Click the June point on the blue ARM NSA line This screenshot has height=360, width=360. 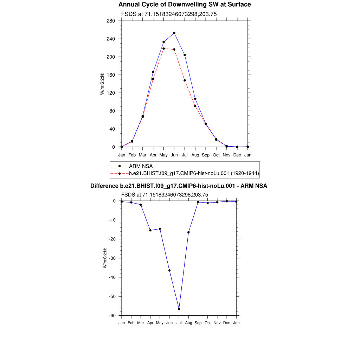pyautogui.click(x=174, y=33)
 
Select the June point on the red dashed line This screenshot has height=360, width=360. pyautogui.click(x=174, y=50)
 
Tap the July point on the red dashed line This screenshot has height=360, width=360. pyautogui.click(x=185, y=80)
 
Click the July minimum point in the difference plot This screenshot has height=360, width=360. pyautogui.click(x=179, y=309)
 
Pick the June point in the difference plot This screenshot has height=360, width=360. pyautogui.click(x=169, y=270)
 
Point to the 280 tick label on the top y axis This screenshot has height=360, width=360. pyautogui.click(x=111, y=21)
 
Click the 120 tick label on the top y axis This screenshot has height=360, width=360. pyautogui.click(x=111, y=93)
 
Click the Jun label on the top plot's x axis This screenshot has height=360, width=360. pyautogui.click(x=174, y=155)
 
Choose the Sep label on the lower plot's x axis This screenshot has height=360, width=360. pyautogui.click(x=198, y=322)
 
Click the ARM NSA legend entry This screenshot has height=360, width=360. pyautogui.click(x=141, y=166)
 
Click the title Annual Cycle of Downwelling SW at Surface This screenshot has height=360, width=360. pyautogui.click(x=185, y=5)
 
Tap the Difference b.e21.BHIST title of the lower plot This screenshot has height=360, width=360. pyautogui.click(x=179, y=186)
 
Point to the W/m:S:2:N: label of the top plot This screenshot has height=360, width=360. pyautogui.click(x=102, y=83)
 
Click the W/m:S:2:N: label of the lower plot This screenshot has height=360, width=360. pyautogui.click(x=105, y=258)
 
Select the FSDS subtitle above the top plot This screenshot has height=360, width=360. pyautogui.click(x=169, y=14)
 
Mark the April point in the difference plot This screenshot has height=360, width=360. pyautogui.click(x=150, y=230)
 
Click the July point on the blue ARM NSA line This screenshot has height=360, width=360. pyautogui.click(x=185, y=55)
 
